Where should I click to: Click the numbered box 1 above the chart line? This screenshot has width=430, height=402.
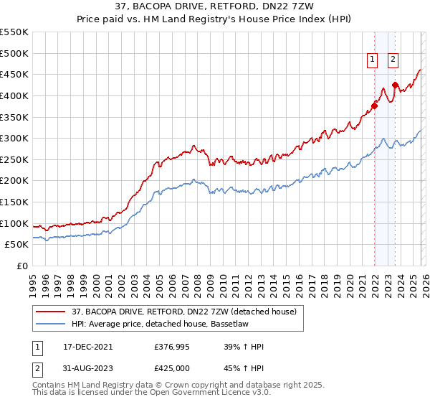click(373, 60)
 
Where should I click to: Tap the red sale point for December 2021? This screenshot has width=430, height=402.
click(374, 106)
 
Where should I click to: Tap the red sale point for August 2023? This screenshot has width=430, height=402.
click(395, 85)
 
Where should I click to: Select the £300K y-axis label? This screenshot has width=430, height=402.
click(14, 138)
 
